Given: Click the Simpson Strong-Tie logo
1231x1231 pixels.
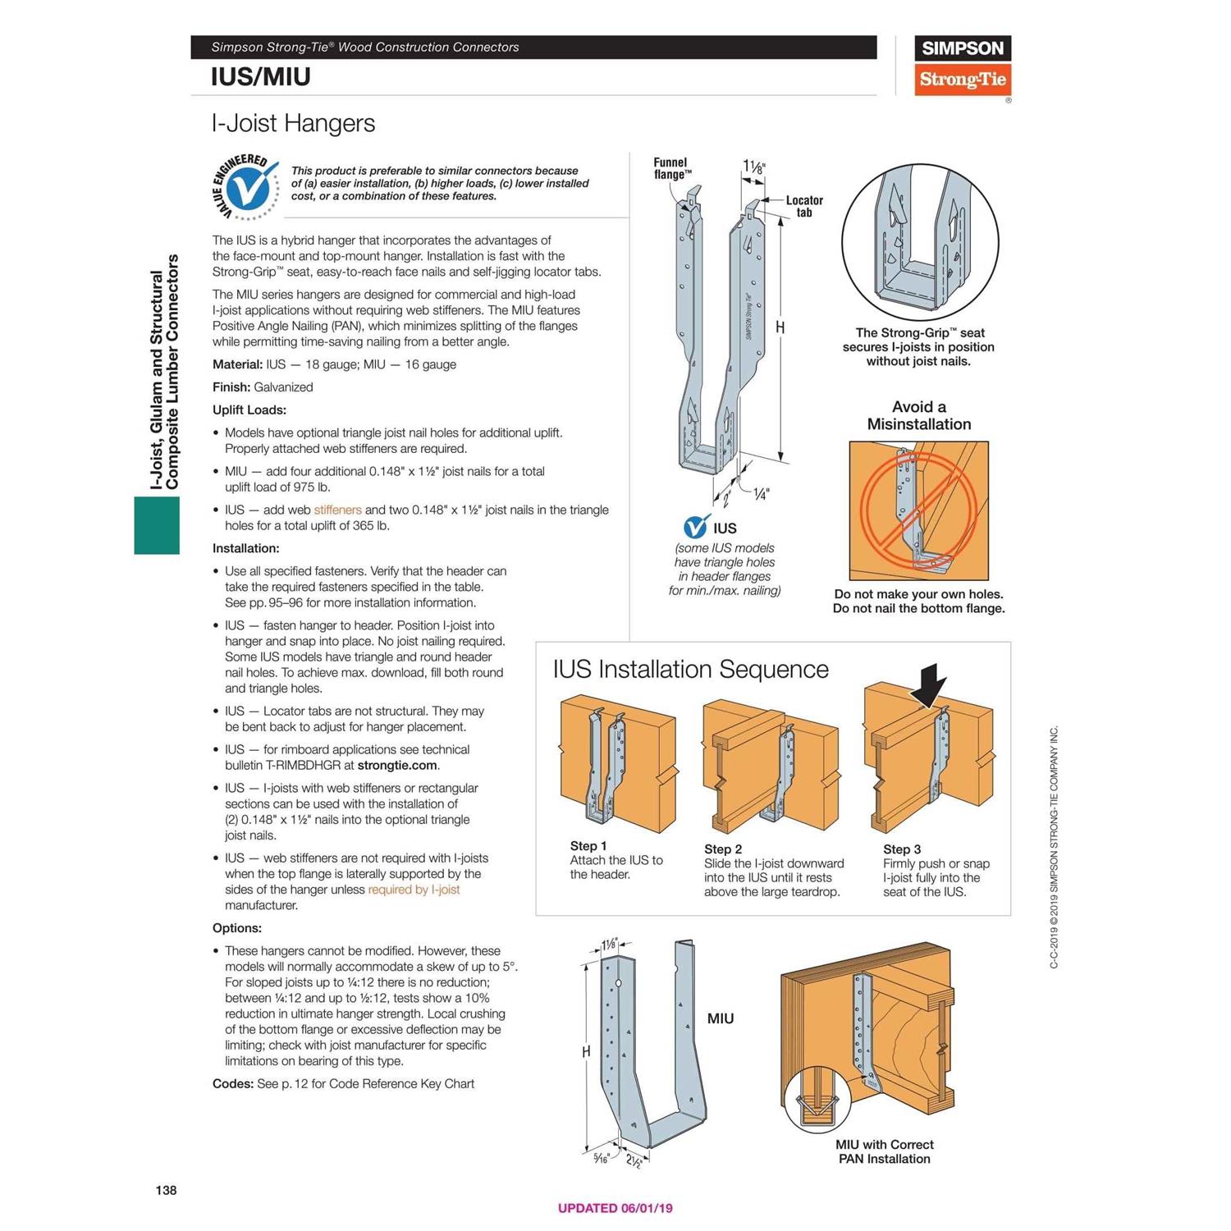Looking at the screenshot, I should [x=962, y=66].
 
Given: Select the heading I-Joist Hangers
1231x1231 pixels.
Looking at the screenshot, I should [x=293, y=123].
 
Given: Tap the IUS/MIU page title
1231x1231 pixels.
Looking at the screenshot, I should [x=260, y=77].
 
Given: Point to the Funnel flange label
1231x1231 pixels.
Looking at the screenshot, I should [x=672, y=168].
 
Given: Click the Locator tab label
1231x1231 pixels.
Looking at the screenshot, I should [x=803, y=206].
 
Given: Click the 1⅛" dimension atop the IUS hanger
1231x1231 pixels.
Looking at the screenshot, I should [x=753, y=167].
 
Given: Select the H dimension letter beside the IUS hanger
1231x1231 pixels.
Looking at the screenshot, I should [x=780, y=327].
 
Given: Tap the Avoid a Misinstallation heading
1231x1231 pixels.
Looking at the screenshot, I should [x=918, y=415].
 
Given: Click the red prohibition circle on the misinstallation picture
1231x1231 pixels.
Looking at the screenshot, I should [x=918, y=510].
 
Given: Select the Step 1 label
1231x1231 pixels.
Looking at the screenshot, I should [x=588, y=845].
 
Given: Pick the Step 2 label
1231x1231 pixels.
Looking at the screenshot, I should [x=722, y=849].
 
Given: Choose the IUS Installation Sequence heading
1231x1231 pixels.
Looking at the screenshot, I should [x=690, y=669].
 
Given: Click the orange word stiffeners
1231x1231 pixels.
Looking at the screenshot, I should [x=337, y=510].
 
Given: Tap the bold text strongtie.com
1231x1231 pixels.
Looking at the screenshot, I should [x=397, y=765].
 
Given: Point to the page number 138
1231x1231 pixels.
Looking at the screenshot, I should [x=166, y=1190].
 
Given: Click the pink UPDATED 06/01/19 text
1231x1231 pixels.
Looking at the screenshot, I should [x=615, y=1208].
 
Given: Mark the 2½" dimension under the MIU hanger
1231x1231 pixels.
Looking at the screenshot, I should [x=635, y=1160].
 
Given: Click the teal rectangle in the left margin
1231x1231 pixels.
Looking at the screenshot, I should [x=157, y=525].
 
